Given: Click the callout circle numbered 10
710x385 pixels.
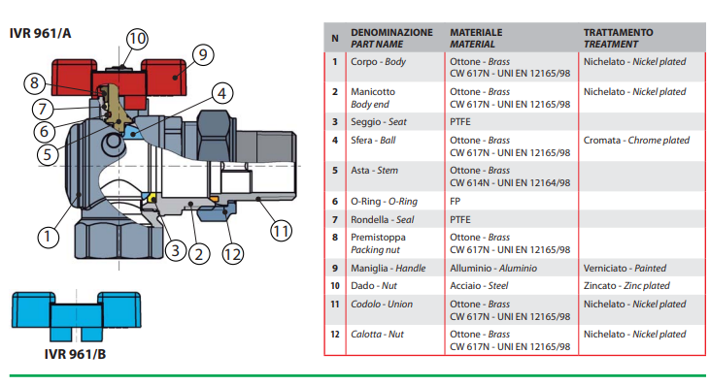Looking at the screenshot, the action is (137, 39).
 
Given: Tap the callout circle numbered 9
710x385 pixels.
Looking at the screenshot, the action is (203, 54).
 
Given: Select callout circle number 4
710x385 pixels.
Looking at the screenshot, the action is (221, 93).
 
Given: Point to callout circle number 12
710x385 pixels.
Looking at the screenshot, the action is (233, 254).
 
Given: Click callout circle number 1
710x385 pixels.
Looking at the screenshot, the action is (48, 237).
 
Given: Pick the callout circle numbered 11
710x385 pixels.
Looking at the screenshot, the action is (281, 232).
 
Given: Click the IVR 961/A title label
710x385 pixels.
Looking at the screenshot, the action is (40, 33).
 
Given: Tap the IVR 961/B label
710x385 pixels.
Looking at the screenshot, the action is (75, 354).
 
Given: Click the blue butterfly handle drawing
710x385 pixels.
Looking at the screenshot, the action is (76, 316).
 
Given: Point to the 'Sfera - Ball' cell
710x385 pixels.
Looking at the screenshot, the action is (373, 140).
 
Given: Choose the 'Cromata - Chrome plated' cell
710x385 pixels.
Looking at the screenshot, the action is (636, 140).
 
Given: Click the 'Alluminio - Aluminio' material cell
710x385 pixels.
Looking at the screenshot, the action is (493, 268).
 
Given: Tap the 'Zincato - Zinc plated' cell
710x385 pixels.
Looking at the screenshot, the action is (626, 285).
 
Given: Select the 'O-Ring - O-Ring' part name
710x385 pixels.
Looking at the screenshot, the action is (384, 201).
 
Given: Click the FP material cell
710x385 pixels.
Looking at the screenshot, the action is (456, 201).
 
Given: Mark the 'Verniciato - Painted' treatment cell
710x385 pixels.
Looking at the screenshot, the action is (625, 268).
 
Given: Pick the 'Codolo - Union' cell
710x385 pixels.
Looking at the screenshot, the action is (382, 305).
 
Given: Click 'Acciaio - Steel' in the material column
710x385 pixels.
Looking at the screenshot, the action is (479, 285).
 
